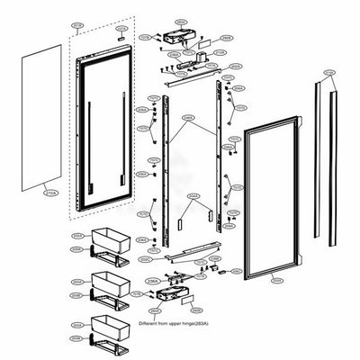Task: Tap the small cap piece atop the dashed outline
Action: tap(121, 39)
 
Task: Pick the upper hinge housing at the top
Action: tap(176, 34)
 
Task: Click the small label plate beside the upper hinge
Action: tap(205, 42)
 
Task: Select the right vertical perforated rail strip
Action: tap(219, 162)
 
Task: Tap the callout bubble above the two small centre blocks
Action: tap(193, 195)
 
